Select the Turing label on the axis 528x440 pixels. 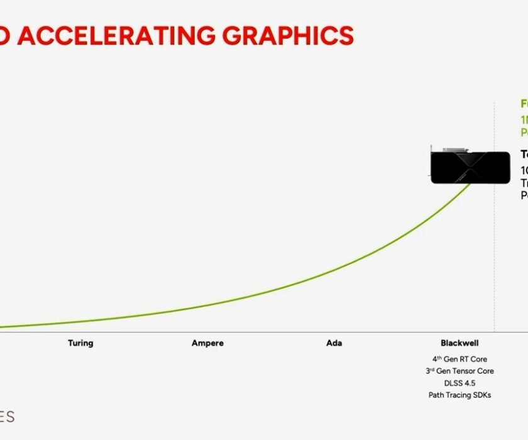click(x=80, y=343)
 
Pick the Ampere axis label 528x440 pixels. click(x=207, y=343)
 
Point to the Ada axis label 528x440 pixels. click(x=334, y=343)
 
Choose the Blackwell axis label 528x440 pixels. click(x=459, y=343)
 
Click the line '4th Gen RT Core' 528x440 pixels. click(x=459, y=359)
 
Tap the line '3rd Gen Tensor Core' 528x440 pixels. click(x=459, y=371)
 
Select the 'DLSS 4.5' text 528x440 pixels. click(x=459, y=383)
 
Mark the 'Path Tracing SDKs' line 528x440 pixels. click(x=459, y=395)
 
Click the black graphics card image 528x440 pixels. click(x=470, y=167)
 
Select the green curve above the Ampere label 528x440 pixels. click(x=207, y=305)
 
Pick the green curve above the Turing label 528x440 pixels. click(x=80, y=321)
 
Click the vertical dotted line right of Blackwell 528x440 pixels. click(x=494, y=251)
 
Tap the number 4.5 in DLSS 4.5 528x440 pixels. click(x=471, y=383)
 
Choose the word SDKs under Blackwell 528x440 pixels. click(x=481, y=395)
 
